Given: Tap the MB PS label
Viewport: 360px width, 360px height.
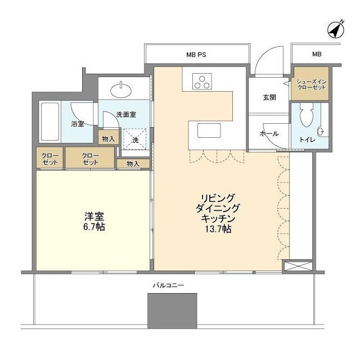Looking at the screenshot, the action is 196,55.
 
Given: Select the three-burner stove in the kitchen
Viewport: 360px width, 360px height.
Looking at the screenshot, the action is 202,82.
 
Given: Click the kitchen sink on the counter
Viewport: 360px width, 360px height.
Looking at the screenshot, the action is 209,130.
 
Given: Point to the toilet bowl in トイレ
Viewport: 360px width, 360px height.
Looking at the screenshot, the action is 307,115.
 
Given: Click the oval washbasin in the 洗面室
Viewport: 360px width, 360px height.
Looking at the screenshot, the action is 121,90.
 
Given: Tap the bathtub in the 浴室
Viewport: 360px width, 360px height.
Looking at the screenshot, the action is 50,121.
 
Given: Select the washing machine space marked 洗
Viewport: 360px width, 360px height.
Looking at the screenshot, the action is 135,139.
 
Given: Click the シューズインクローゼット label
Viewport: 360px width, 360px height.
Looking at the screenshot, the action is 311,84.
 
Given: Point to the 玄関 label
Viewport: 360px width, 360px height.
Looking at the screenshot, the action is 269,97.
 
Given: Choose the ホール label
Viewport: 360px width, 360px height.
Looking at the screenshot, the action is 269,134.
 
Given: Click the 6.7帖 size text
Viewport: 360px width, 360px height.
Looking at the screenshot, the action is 94,227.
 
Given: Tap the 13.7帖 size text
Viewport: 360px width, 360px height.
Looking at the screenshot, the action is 218,229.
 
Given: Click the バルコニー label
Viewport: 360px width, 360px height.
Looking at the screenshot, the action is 169,285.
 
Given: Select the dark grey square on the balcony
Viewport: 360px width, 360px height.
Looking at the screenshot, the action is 172,311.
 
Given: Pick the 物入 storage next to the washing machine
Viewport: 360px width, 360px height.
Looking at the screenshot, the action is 109,137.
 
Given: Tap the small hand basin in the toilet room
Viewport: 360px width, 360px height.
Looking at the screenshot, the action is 321,132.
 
